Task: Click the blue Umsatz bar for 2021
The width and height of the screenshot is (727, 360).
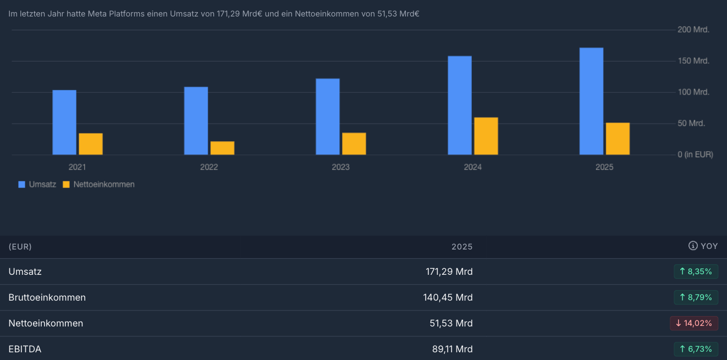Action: [64, 122]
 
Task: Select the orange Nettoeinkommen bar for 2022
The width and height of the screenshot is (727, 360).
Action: [222, 148]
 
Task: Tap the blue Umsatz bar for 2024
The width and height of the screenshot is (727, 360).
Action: [460, 105]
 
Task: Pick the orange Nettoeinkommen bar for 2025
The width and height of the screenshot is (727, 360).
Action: [618, 139]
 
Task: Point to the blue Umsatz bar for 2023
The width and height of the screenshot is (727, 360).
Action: [328, 117]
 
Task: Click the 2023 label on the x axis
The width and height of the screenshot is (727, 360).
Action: [341, 167]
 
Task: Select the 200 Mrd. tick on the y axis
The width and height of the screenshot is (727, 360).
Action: [693, 30]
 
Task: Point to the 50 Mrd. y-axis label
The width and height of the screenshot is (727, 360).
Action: [691, 123]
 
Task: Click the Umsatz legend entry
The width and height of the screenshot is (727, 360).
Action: [37, 185]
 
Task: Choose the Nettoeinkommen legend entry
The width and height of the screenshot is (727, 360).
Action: [99, 185]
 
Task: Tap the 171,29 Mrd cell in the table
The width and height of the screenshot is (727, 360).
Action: [449, 272]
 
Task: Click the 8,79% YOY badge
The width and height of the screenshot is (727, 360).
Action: [696, 297]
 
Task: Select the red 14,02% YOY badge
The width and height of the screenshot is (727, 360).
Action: [693, 323]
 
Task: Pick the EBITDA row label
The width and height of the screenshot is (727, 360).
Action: [25, 349]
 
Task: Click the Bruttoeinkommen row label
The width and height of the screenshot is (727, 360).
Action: [47, 297]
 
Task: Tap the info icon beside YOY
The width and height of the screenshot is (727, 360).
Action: [693, 246]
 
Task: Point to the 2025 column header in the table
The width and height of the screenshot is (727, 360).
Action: [462, 247]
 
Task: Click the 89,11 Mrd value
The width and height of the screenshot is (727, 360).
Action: [452, 349]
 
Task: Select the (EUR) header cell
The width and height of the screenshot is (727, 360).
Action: [20, 247]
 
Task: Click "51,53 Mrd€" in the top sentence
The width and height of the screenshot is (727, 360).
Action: [398, 13]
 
